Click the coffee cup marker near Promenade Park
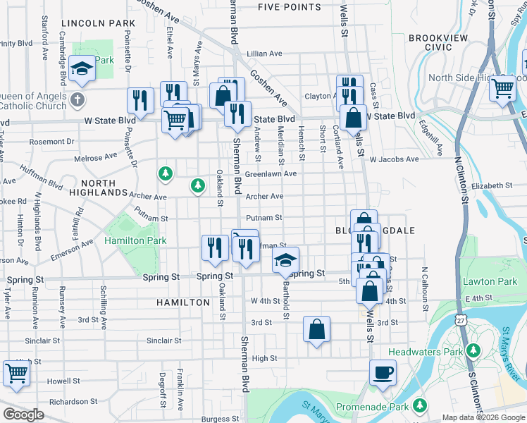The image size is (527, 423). pos(383,373)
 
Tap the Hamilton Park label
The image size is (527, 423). pos(135,240)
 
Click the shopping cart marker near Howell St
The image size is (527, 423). pos(16,374)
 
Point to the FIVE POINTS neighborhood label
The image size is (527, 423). pos(289,7)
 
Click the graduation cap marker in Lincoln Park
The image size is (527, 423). pos(83,69)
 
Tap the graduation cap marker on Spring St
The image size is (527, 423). pos(285,261)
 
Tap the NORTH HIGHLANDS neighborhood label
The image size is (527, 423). pos(99,187)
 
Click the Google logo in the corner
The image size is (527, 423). pos(23,414)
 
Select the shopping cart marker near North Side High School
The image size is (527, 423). pos(502,89)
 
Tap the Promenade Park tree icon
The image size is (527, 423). pos(420,405)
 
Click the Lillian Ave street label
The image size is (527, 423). pos(265,54)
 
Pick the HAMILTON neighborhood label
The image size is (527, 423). pos(183,302)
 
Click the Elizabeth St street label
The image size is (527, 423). pos(493,185)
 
